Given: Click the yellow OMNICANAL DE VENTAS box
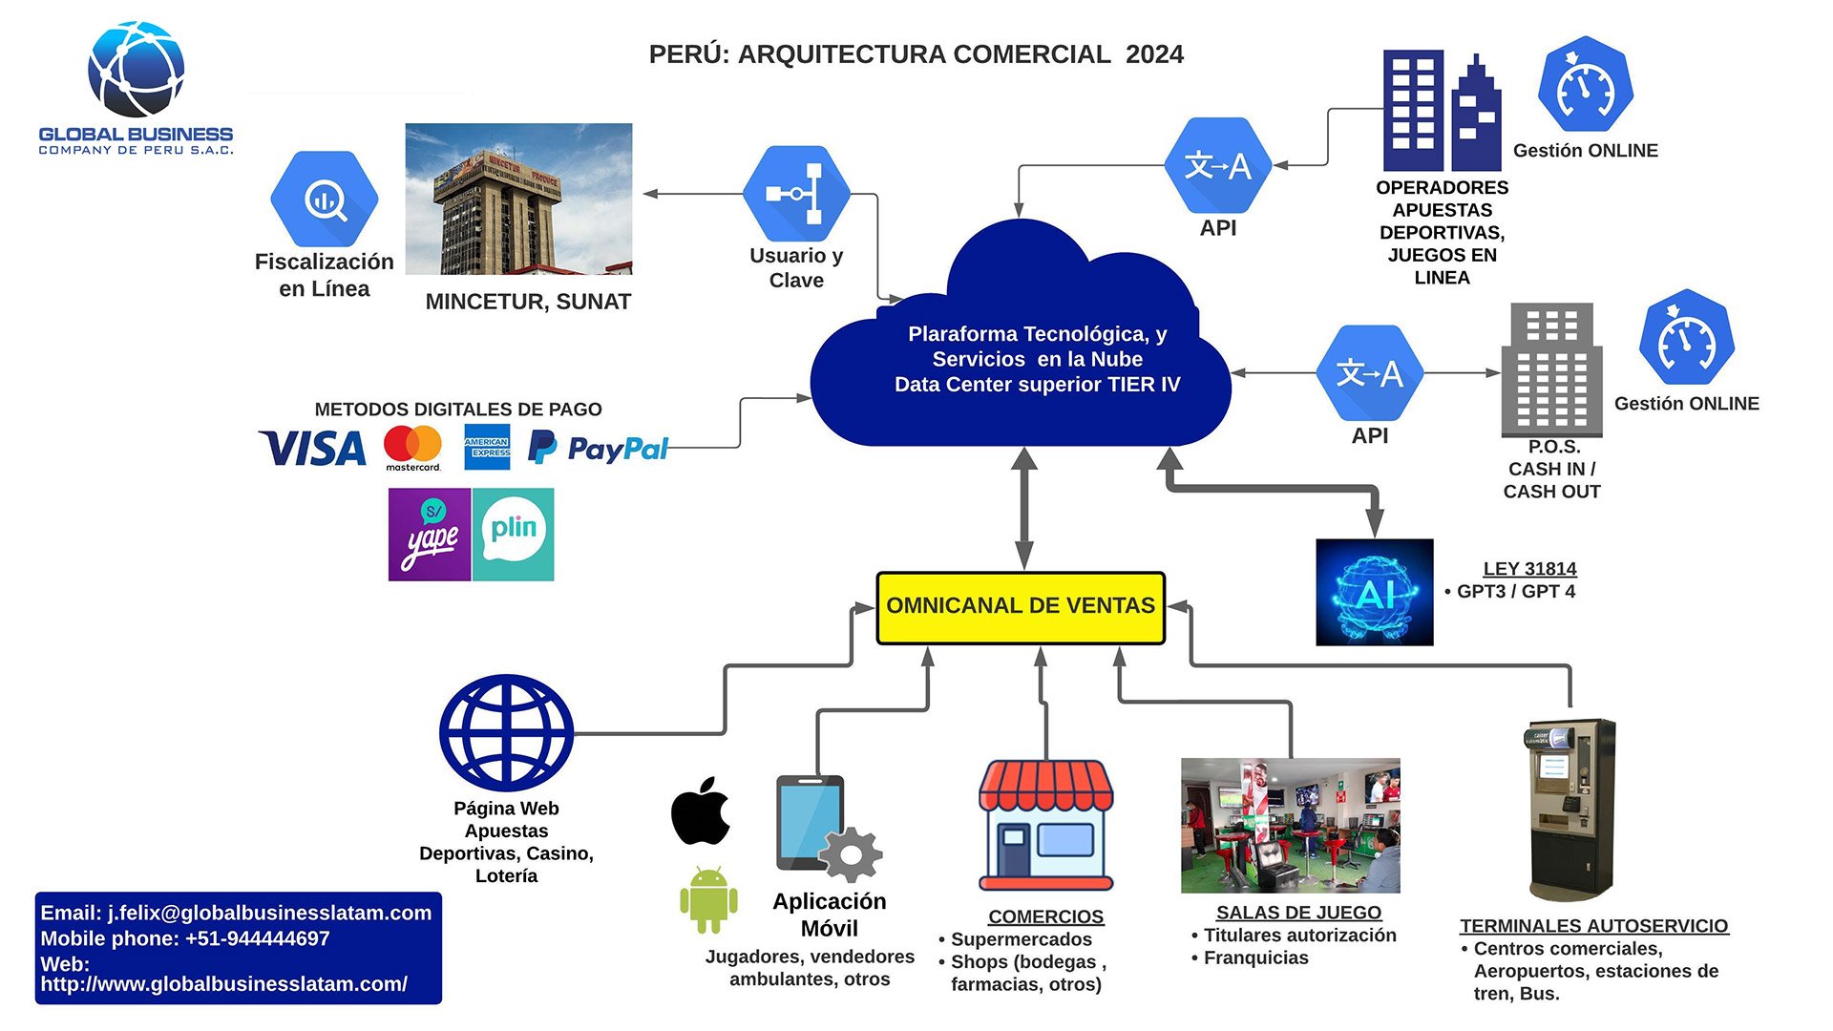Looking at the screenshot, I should pyautogui.click(x=1021, y=607).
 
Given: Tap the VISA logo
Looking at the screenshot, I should pyautogui.click(x=312, y=448).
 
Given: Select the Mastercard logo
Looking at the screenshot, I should pyautogui.click(x=412, y=447).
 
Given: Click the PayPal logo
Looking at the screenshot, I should pyautogui.click(x=599, y=448).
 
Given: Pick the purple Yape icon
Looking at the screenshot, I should pyautogui.click(x=430, y=535).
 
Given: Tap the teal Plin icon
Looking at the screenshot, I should pyautogui.click(x=513, y=535).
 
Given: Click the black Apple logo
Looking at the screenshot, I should pyautogui.click(x=701, y=811).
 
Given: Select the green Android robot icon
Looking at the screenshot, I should pyautogui.click(x=708, y=899).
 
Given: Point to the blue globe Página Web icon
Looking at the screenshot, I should pyautogui.click(x=506, y=732).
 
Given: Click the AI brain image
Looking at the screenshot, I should pyautogui.click(x=1374, y=592).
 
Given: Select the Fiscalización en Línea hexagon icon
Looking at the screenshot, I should pyautogui.click(x=325, y=199).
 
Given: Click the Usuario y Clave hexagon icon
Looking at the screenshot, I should pyautogui.click(x=796, y=194).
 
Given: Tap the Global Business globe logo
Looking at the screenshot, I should pyautogui.click(x=136, y=70).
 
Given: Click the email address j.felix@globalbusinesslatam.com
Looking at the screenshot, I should pyautogui.click(x=269, y=913).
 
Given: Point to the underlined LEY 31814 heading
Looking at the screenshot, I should pyautogui.click(x=1529, y=569).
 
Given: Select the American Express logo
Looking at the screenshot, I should pyautogui.click(x=487, y=447).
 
